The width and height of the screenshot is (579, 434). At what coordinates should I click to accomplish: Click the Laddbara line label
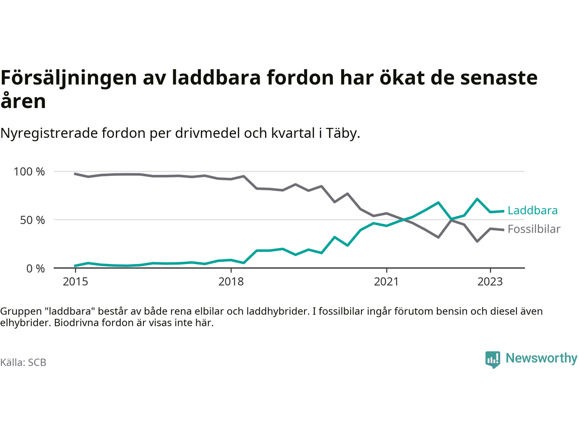(532, 210)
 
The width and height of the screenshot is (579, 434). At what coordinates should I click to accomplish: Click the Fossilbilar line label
(534, 229)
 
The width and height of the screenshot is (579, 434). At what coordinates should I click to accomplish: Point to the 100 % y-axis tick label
(29, 171)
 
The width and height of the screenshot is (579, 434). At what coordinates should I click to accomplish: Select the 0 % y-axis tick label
(35, 269)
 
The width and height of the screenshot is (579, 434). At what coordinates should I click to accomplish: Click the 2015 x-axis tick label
(76, 282)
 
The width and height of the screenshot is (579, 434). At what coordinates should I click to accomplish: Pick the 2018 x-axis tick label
(231, 282)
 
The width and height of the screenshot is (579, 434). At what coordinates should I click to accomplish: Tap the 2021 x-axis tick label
(386, 282)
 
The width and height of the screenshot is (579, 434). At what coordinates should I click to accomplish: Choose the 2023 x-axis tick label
(490, 282)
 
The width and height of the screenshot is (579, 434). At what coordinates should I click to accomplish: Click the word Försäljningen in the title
(69, 78)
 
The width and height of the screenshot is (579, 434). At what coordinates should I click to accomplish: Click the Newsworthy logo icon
(493, 359)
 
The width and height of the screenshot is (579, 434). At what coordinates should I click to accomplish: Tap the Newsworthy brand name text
(541, 358)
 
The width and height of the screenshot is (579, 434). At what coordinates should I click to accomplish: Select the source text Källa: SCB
(23, 363)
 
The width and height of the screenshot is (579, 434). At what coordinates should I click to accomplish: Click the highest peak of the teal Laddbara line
(477, 199)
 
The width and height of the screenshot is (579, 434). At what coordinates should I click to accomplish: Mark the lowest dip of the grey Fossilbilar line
(477, 241)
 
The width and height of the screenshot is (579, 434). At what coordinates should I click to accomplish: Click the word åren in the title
(23, 101)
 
